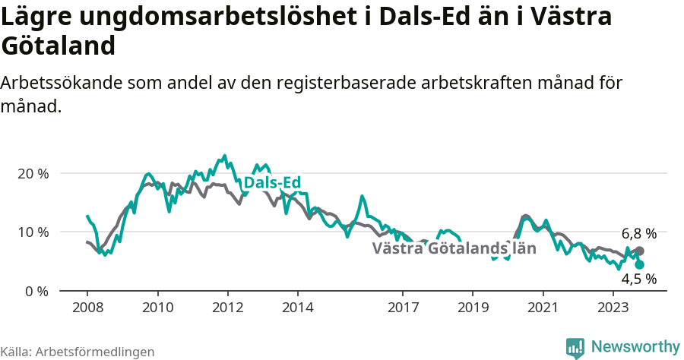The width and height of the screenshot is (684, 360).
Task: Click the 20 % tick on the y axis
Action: click(x=32, y=173)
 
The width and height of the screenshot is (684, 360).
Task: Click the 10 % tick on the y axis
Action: click(x=32, y=232)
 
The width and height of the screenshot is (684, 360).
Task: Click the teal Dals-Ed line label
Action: click(x=272, y=183)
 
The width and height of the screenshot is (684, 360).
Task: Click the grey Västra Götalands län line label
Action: click(x=454, y=248)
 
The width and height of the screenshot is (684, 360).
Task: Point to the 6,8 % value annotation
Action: click(x=638, y=234)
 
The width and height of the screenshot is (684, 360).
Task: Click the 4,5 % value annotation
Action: click(x=638, y=279)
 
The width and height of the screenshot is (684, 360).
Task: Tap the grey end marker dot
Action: click(x=639, y=251)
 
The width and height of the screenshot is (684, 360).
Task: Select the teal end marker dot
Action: click(x=639, y=264)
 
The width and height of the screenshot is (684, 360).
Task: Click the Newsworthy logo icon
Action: click(x=575, y=347)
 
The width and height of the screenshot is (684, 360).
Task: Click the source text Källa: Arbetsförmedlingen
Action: click(x=78, y=352)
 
